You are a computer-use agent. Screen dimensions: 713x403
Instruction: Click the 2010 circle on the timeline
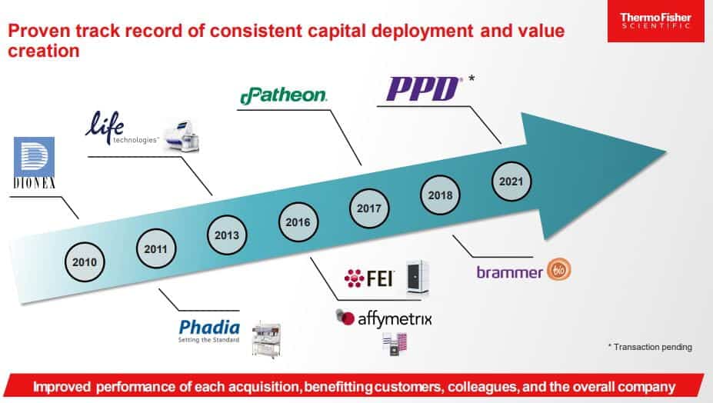[x=85, y=262]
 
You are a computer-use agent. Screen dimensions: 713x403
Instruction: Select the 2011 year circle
[x=156, y=249]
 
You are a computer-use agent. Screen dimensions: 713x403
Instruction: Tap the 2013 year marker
[x=227, y=235]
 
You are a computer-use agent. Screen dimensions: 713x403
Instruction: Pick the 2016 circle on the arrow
[x=298, y=222]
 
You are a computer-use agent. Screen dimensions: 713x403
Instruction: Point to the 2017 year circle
[x=369, y=208]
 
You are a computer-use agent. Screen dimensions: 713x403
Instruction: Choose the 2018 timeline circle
[x=440, y=195]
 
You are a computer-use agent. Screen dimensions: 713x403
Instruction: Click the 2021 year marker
[x=511, y=182]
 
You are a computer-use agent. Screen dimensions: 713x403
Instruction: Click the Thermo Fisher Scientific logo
[x=656, y=21]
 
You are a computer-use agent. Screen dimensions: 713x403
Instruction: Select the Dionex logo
[x=34, y=163]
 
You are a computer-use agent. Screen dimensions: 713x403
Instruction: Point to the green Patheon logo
[x=283, y=95]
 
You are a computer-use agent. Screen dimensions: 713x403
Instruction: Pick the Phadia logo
[x=209, y=331]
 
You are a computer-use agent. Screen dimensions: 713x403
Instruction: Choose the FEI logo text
[x=369, y=278]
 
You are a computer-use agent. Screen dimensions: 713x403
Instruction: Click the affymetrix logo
[x=384, y=318]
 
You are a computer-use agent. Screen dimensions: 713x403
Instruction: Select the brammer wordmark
[x=510, y=272]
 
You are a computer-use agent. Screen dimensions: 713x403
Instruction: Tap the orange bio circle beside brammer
[x=559, y=270]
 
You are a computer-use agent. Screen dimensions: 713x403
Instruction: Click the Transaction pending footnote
[x=650, y=347]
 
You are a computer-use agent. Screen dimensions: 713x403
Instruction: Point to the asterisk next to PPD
[x=471, y=78]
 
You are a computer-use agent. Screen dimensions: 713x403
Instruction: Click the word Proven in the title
[x=38, y=31]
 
